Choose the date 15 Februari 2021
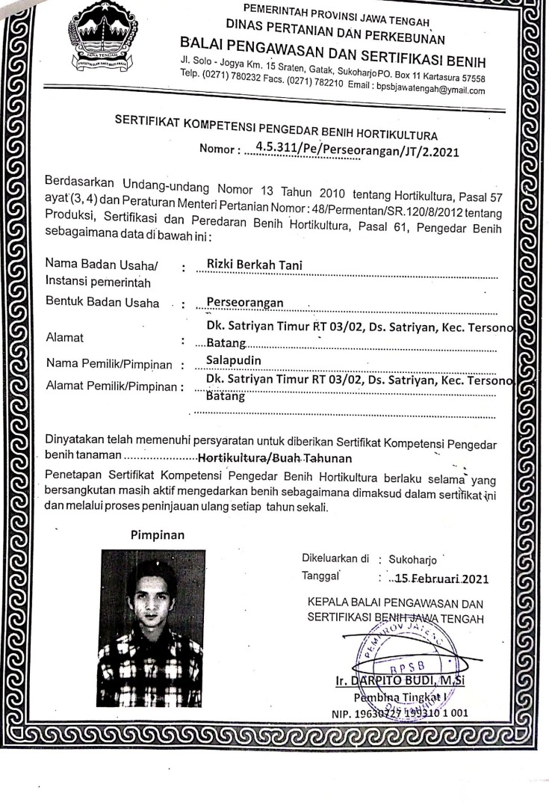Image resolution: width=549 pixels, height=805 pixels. tap(424, 578)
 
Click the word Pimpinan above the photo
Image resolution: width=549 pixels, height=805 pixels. tap(156, 535)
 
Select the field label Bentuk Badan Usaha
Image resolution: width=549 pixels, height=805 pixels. tap(103, 303)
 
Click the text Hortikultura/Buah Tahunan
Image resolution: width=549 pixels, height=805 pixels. tap(275, 456)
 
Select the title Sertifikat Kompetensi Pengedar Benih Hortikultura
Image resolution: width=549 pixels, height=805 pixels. tap(276, 128)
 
